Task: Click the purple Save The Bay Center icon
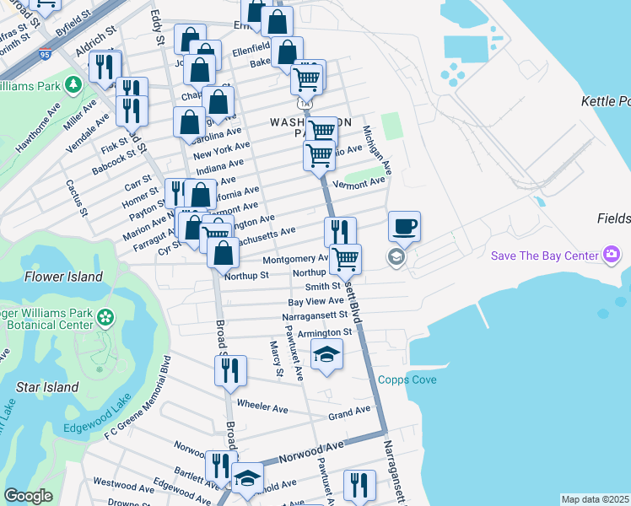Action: point(612,254)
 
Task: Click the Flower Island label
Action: point(63,277)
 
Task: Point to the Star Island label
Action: point(48,388)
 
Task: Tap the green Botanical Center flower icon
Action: point(105,318)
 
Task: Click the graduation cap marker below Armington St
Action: point(327,355)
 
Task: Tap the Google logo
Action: point(28,496)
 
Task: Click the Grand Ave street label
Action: point(349,412)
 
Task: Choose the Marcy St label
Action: point(275,358)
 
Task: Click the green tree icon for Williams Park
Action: point(73,85)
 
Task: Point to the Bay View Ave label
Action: point(315,301)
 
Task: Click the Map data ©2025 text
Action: point(595,499)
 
